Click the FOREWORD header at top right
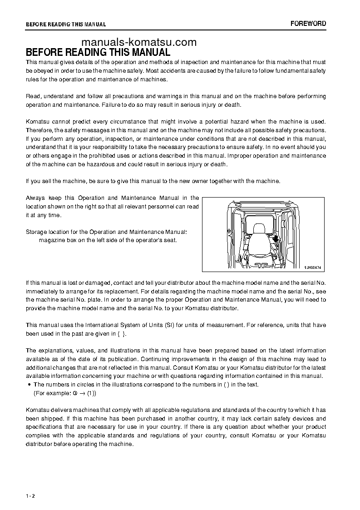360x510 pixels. click(x=308, y=24)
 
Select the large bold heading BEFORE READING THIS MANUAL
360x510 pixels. click(x=98, y=52)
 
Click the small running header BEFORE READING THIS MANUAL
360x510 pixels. click(x=66, y=25)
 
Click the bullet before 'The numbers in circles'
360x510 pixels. click(x=30, y=385)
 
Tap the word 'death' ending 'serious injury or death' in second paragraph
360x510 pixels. click(x=232, y=104)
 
